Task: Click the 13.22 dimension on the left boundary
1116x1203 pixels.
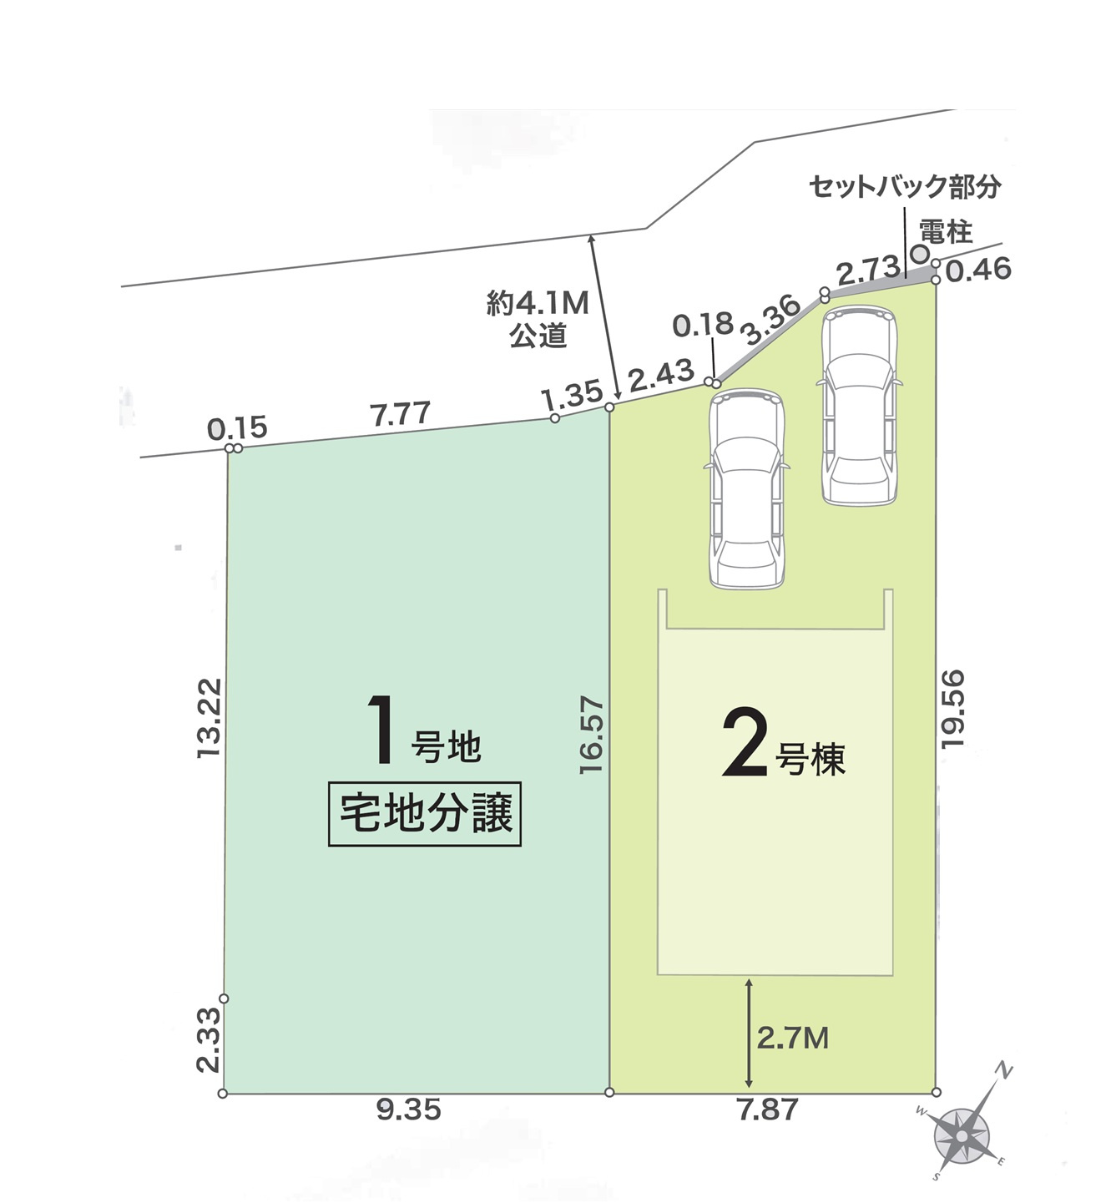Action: (x=210, y=717)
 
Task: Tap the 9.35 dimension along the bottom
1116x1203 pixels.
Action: (x=408, y=1109)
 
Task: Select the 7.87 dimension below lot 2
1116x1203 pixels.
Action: (x=767, y=1109)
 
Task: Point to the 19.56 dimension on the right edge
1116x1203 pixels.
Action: (x=952, y=708)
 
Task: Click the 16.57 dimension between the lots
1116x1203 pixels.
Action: (x=591, y=735)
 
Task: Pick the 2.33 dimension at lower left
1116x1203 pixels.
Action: (x=209, y=1039)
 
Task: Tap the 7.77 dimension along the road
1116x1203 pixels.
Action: (x=401, y=413)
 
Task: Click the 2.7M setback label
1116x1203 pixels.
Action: (x=792, y=1038)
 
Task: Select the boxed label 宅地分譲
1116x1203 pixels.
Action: (x=425, y=814)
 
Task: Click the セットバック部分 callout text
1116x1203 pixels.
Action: (x=905, y=186)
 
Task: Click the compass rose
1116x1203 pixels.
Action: (x=962, y=1137)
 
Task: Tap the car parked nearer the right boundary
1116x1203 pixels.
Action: (x=859, y=407)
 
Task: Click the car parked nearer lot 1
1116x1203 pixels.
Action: (x=746, y=489)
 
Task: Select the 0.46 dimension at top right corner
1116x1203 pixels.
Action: (x=979, y=269)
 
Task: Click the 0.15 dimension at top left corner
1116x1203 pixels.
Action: (x=237, y=428)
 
